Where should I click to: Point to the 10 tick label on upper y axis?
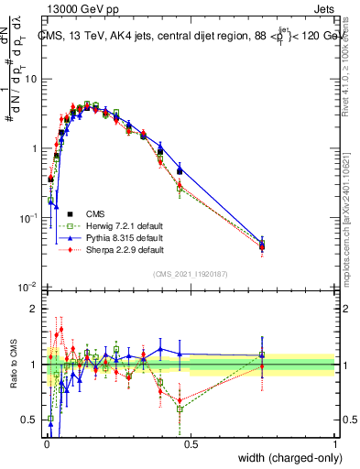30,79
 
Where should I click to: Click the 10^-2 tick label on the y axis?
27,288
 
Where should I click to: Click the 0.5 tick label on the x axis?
191,443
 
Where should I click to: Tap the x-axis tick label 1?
335,443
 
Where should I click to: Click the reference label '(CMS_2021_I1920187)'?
191,273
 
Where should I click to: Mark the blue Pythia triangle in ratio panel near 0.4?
161,348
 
